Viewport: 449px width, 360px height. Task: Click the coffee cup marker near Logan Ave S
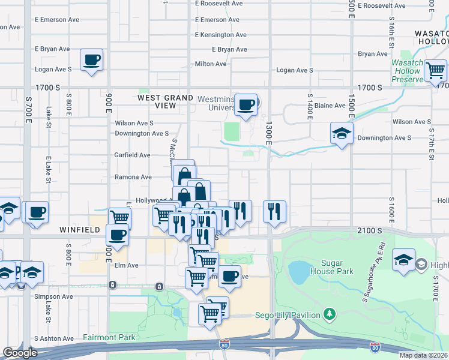pyautogui.click(x=91, y=60)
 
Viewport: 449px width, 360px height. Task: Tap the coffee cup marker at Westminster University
pyautogui.click(x=246, y=105)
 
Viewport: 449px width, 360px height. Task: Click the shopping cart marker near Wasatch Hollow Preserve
pyautogui.click(x=435, y=70)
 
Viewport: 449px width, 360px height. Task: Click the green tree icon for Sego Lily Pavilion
pyautogui.click(x=328, y=314)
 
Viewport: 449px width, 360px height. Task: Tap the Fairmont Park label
pyautogui.click(x=109, y=338)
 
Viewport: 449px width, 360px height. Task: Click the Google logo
pyautogui.click(x=20, y=353)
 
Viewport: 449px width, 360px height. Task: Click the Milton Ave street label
pyautogui.click(x=211, y=64)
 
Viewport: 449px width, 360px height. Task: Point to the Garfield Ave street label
pyautogui.click(x=132, y=155)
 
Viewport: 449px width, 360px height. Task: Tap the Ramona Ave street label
pyautogui.click(x=133, y=177)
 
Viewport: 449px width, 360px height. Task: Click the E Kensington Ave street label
pyautogui.click(x=221, y=35)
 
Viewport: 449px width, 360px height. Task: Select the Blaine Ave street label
pyautogui.click(x=330, y=106)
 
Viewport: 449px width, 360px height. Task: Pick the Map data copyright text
pyautogui.click(x=423, y=355)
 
